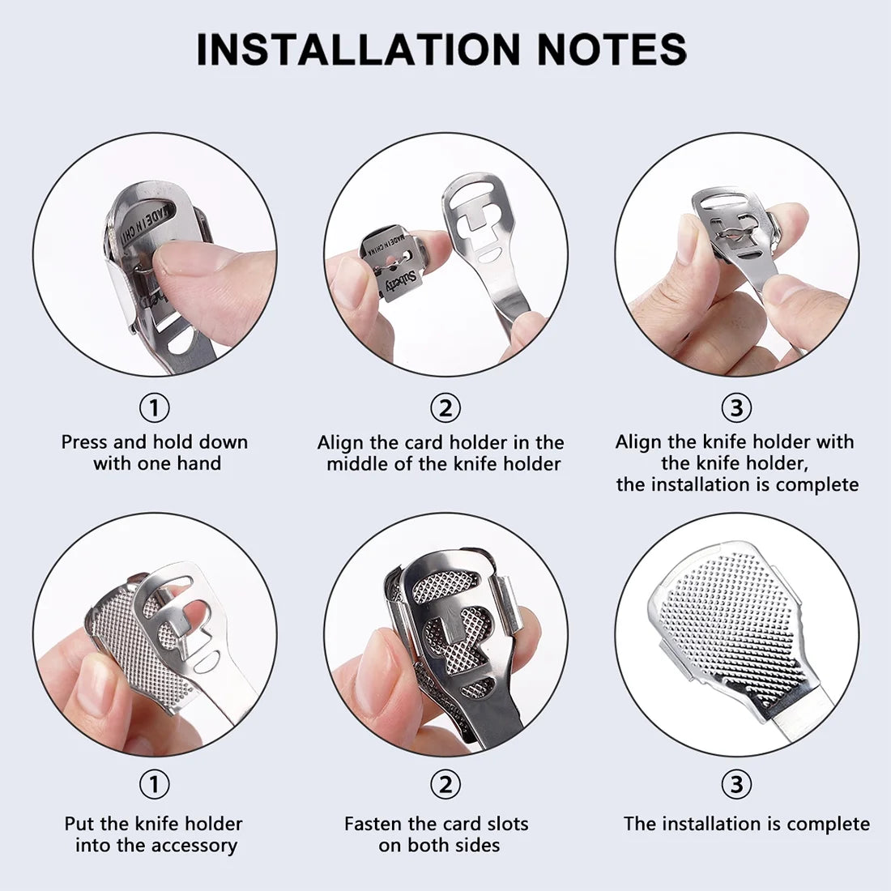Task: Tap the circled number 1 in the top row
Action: click(154, 407)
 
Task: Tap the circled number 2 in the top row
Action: click(445, 407)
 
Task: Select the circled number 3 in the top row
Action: click(735, 407)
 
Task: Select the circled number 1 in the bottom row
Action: click(154, 784)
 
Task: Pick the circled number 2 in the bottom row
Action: click(445, 784)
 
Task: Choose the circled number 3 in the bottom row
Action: click(735, 784)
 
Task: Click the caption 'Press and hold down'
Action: click(154, 442)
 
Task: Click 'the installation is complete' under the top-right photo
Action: click(737, 484)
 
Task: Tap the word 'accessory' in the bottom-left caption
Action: click(197, 846)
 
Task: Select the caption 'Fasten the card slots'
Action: click(436, 825)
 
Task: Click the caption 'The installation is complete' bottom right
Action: click(746, 825)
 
